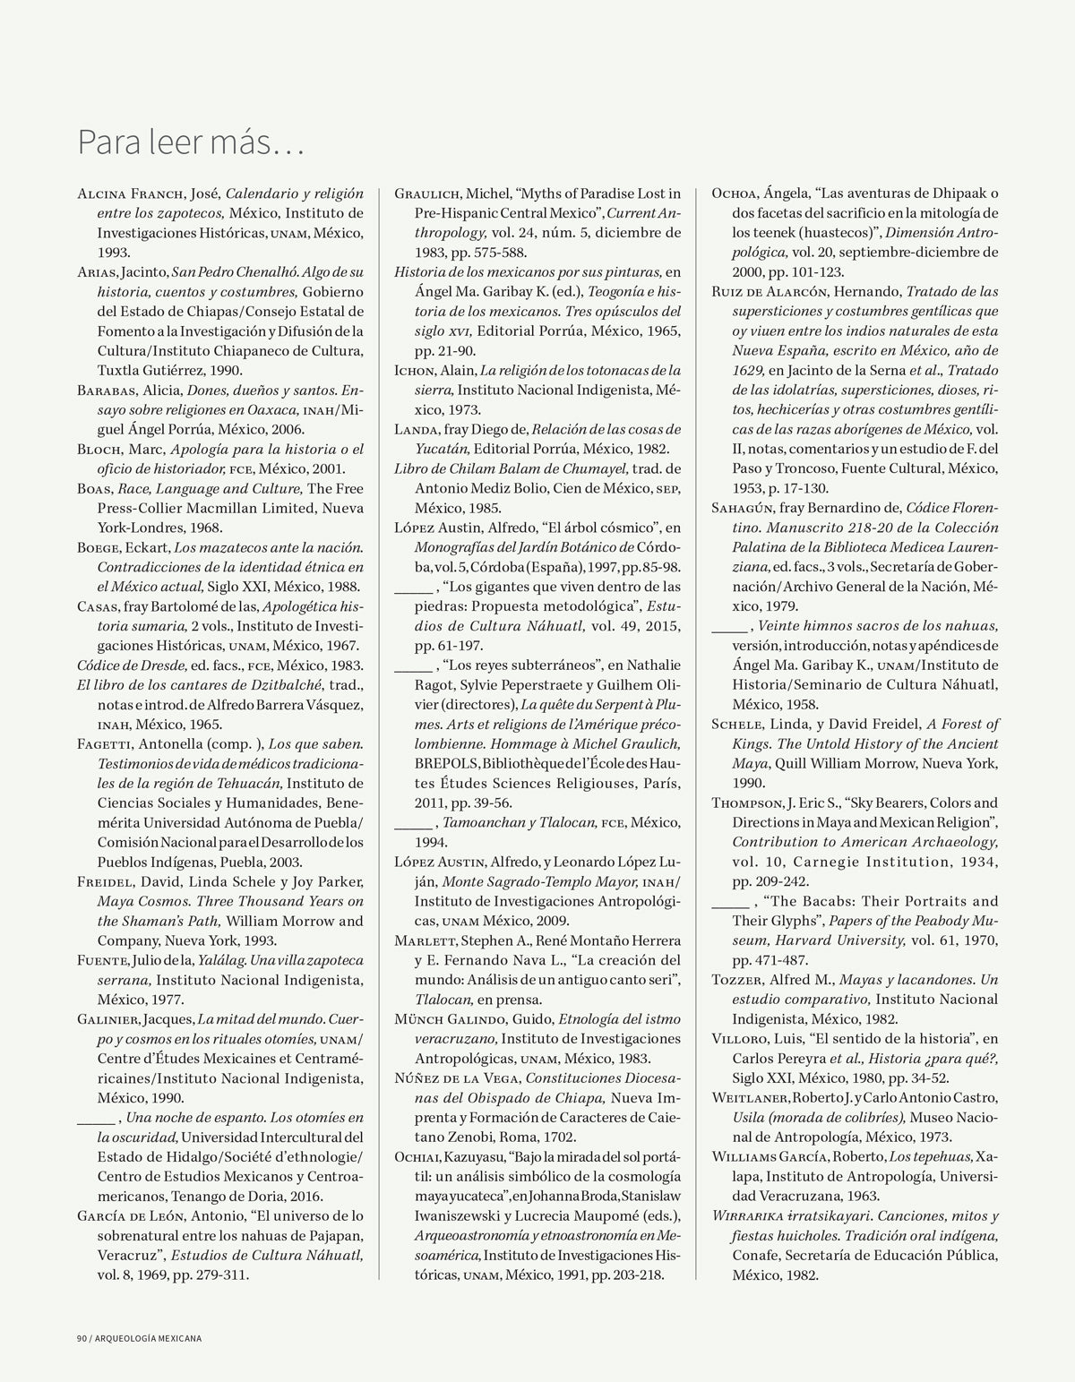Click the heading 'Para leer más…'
pos(191,142)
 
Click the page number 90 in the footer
pos(80,1339)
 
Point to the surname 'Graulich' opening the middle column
pos(428,193)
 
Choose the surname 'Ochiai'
pos(417,1156)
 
